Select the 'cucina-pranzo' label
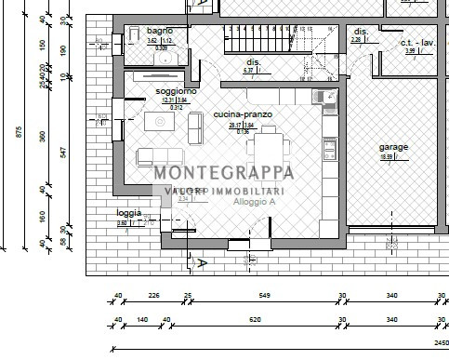tap(243, 113)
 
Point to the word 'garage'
tap(393, 147)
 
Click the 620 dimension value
tap(255, 319)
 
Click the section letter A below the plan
tap(202, 263)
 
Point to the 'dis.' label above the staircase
tap(253, 61)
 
